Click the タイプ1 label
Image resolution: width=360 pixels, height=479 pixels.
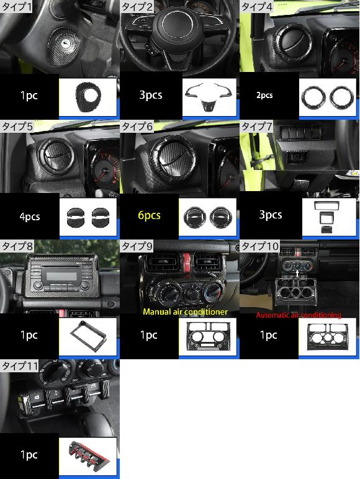[16, 6]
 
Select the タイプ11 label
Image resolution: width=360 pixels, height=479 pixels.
[20, 365]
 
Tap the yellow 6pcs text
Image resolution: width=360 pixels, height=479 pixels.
[149, 215]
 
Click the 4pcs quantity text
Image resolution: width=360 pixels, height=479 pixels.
[30, 217]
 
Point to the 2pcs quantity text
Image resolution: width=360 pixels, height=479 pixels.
[264, 95]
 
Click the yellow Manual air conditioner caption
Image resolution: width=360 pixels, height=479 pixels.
[186, 311]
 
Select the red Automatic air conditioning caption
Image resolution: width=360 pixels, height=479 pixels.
[299, 315]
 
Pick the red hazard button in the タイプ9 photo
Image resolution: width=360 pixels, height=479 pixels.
[186, 262]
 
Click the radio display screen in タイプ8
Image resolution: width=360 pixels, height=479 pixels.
[61, 277]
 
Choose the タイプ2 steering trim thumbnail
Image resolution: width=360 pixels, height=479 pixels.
[209, 97]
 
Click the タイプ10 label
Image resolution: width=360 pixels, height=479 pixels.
[260, 246]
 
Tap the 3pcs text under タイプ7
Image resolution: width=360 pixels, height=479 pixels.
[271, 215]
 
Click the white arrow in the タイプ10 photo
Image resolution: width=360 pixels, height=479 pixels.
[297, 273]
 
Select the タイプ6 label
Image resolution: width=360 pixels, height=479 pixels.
[137, 126]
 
